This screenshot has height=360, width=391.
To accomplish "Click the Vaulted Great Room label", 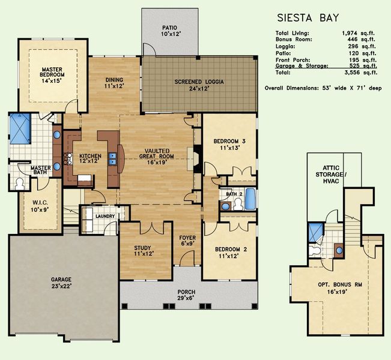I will (x=157, y=157).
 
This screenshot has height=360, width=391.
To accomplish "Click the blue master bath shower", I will (x=20, y=127).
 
